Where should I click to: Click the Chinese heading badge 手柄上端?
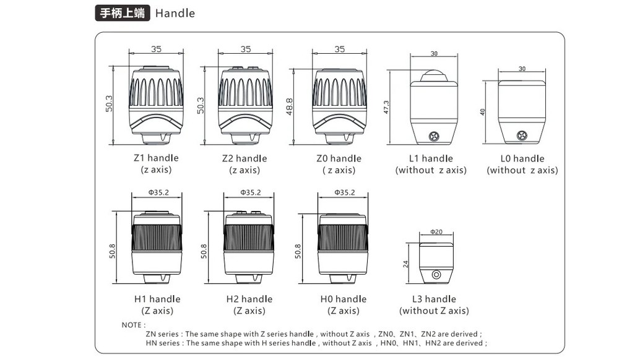click(x=122, y=12)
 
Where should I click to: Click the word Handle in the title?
click(x=175, y=13)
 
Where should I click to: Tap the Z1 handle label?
click(x=156, y=158)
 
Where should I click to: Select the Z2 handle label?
click(x=245, y=158)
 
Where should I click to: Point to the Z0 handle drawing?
click(x=339, y=102)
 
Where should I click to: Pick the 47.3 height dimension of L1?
click(x=386, y=107)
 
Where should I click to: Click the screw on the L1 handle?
click(x=436, y=134)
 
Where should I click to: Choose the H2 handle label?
click(x=249, y=299)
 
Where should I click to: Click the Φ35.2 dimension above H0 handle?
click(x=344, y=192)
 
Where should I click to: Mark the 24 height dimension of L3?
click(x=406, y=264)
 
